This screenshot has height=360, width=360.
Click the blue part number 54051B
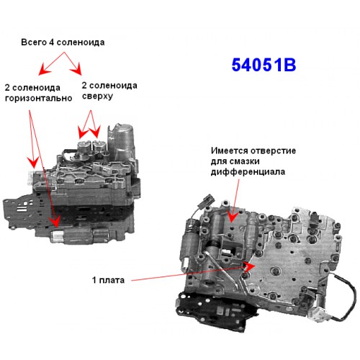point(264,65)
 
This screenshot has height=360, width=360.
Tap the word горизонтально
point(38,98)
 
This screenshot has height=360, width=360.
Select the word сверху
point(97,96)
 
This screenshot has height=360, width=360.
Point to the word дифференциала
point(248,172)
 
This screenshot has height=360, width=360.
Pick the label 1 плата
point(108,280)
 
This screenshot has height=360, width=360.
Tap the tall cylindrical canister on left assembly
point(124,141)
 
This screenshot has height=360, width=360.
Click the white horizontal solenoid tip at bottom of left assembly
point(57,236)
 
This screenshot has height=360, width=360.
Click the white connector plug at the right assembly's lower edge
point(317,315)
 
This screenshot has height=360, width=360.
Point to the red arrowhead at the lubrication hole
point(231,217)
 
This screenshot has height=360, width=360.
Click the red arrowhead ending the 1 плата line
point(250,266)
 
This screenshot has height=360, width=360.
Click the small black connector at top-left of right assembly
point(207,200)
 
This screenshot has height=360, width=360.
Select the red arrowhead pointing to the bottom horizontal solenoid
point(55,221)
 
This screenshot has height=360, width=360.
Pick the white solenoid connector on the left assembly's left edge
point(30,179)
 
